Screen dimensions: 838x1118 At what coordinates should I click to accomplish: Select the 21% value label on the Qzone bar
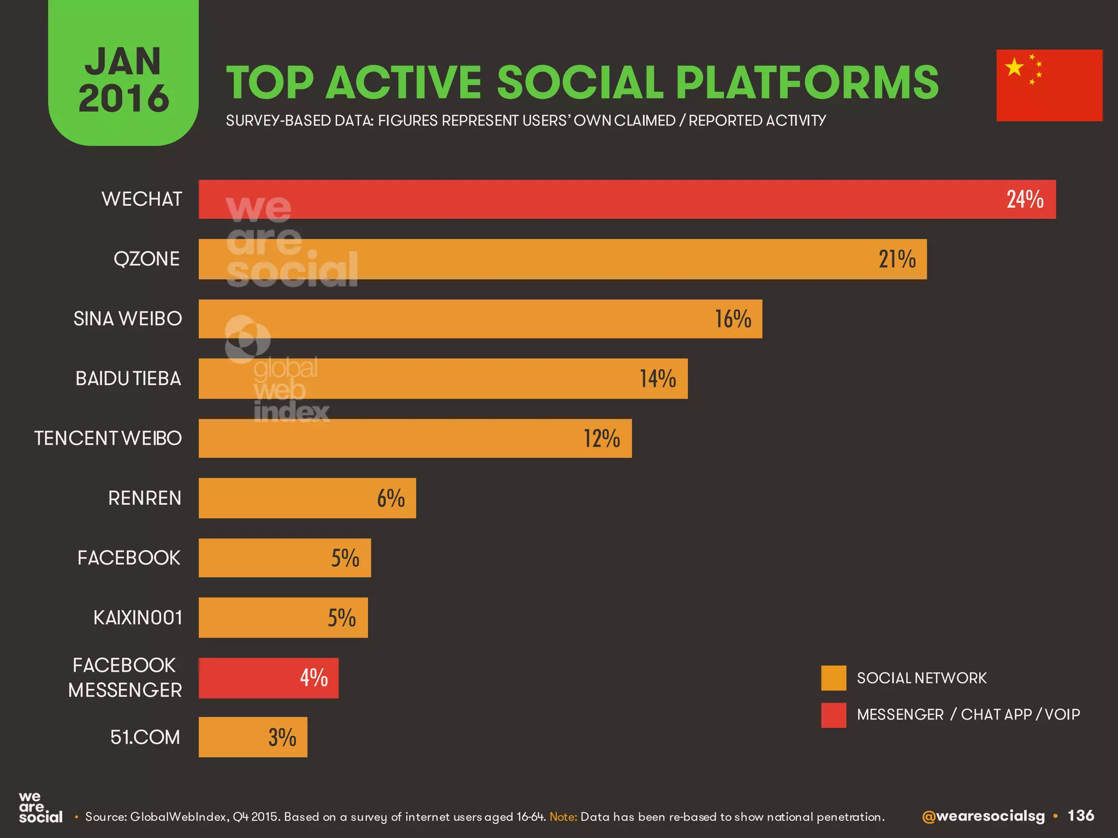(x=897, y=259)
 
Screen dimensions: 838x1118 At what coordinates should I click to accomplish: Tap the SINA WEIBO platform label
(x=128, y=319)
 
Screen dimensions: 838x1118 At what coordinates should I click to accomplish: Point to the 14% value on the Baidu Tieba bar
(x=658, y=379)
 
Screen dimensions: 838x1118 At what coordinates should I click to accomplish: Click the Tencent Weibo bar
(x=415, y=438)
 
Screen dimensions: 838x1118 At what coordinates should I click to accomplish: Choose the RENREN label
(x=145, y=498)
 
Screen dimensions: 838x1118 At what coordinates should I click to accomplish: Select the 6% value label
(x=391, y=498)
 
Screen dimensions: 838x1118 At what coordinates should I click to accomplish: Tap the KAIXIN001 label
(x=138, y=618)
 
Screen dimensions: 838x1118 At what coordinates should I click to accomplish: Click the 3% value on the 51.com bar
(x=282, y=737)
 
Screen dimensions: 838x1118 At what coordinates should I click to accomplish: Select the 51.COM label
(x=145, y=737)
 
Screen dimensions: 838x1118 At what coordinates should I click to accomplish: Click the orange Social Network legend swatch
(x=834, y=678)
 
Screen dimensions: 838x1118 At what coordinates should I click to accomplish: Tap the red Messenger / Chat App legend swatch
(x=834, y=715)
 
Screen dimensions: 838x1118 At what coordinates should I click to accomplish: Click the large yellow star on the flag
(x=1014, y=67)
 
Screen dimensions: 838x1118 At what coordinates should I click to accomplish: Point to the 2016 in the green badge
(x=124, y=99)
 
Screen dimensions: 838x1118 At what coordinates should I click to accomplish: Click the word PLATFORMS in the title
(x=807, y=83)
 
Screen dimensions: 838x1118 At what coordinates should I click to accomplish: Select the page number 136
(x=1080, y=816)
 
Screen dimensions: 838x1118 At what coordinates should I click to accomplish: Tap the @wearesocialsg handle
(x=983, y=816)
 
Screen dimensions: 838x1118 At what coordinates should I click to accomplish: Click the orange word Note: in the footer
(x=563, y=817)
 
